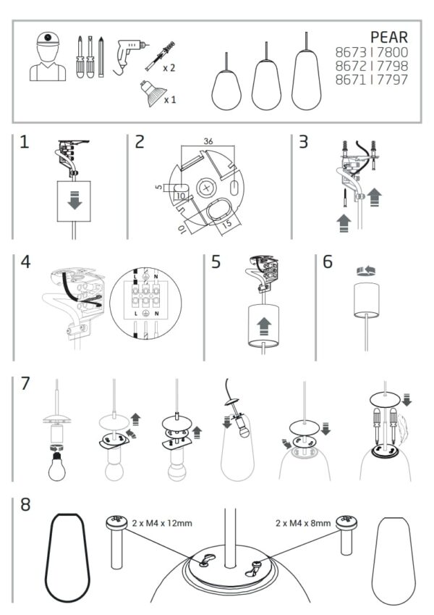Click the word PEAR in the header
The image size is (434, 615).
(388, 37)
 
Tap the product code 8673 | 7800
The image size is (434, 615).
(371, 53)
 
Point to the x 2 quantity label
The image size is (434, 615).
(168, 67)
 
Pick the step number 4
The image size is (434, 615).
(26, 262)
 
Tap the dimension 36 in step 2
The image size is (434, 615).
(207, 141)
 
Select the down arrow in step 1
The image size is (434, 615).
(74, 201)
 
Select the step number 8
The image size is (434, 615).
(26, 504)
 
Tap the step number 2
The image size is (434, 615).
(140, 141)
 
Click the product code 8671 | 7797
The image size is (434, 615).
(371, 79)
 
